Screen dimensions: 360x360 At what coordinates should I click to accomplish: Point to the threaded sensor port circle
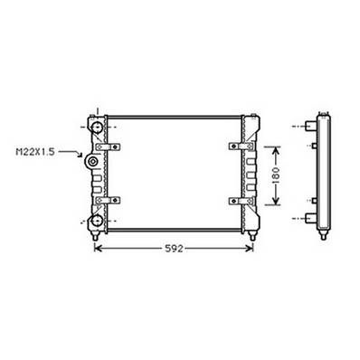(x=93, y=162)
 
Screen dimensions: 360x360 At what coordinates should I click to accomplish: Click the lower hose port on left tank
(x=94, y=218)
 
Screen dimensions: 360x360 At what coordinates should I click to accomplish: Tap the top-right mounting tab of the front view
(x=258, y=114)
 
